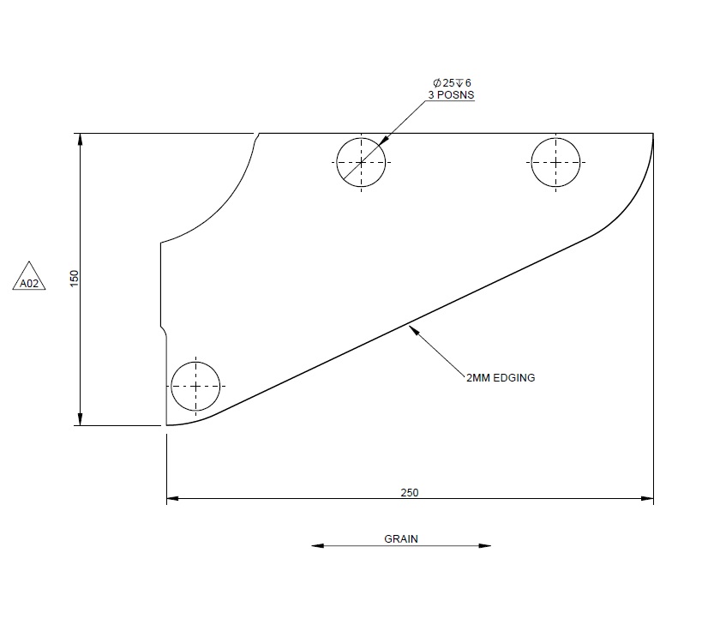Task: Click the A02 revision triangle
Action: [29, 279]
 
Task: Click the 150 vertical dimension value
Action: [75, 278]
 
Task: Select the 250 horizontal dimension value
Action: [410, 492]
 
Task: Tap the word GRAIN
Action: [401, 539]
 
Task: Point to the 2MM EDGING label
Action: [501, 377]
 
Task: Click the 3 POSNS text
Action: [451, 95]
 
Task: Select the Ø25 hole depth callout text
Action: [452, 82]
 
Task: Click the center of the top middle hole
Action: [361, 161]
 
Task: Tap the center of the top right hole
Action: [555, 161]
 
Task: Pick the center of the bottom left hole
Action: [195, 386]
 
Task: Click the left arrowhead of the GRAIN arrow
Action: [315, 545]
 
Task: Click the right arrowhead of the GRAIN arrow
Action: [486, 545]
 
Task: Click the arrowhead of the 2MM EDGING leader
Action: [413, 326]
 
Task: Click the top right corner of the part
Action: [652, 135]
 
